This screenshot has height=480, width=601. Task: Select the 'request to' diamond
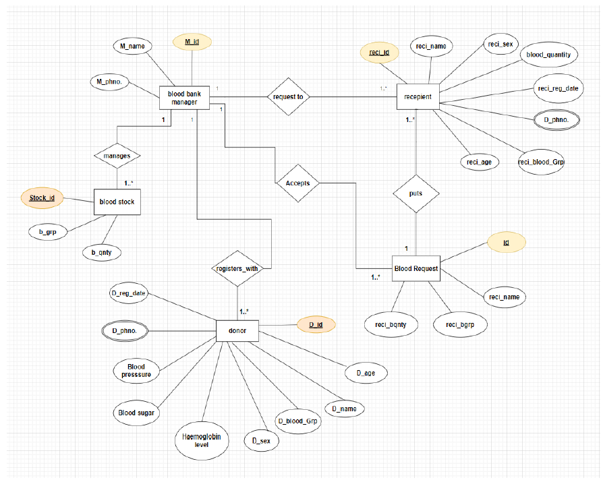point(288,97)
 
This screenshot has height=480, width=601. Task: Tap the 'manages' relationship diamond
point(117,155)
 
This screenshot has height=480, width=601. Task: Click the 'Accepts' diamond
point(297,183)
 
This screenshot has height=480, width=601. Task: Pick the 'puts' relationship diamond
point(416,193)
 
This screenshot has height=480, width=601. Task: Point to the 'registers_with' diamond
point(237,268)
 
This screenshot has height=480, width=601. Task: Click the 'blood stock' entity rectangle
point(117,202)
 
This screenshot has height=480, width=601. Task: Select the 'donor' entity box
point(237,331)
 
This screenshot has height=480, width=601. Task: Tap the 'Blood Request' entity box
point(416,268)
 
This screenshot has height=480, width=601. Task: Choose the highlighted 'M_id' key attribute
point(192,42)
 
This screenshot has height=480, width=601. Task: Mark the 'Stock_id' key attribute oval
point(42,198)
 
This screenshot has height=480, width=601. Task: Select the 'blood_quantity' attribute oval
point(548,55)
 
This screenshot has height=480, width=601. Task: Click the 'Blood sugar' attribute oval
point(136,412)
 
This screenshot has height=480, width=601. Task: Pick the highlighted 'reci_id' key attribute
point(379,52)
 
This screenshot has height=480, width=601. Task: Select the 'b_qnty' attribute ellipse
point(101,252)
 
